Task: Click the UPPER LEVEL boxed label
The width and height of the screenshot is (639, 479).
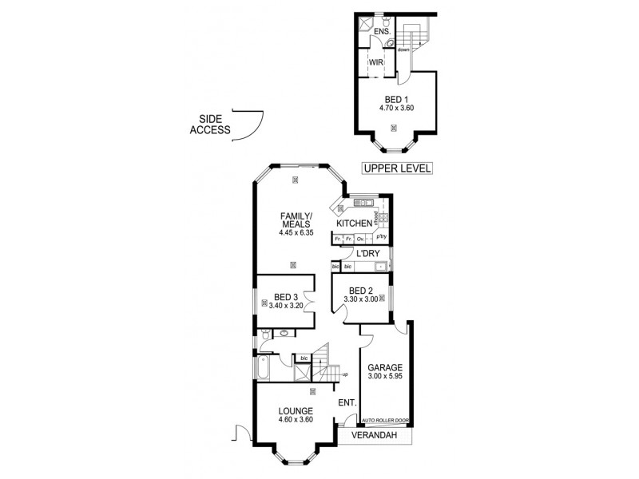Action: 397,168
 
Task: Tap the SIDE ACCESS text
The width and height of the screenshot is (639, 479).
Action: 210,125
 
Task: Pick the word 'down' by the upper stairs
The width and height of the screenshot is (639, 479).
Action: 403,49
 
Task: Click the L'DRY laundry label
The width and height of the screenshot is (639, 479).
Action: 367,254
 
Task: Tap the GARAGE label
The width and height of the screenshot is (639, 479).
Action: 384,368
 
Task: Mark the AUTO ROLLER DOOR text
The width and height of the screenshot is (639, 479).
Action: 383,420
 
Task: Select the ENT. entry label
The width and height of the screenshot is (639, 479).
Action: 347,402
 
